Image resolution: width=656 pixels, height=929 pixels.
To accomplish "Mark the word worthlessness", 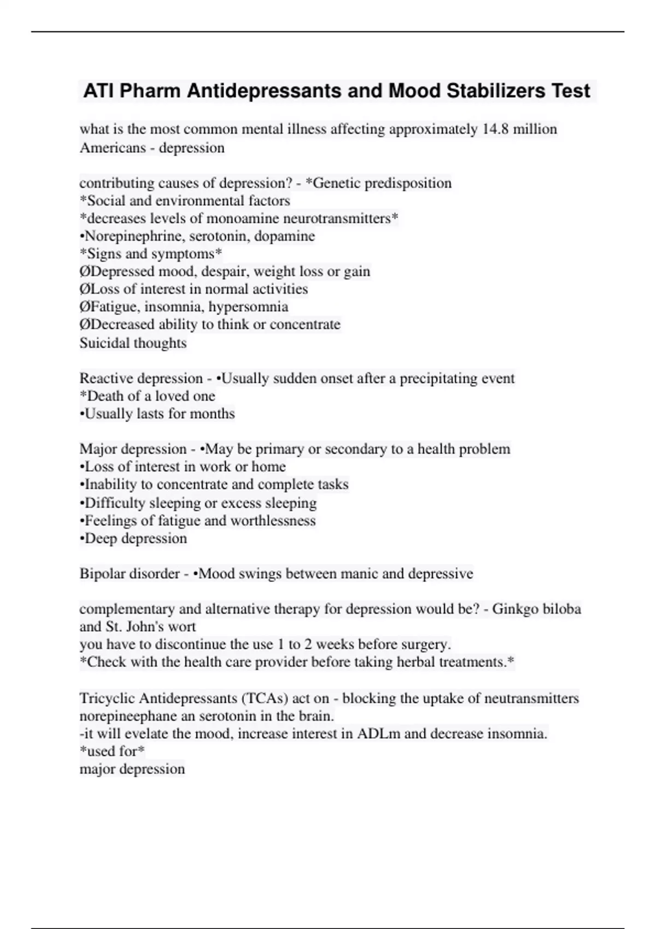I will [273, 521].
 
